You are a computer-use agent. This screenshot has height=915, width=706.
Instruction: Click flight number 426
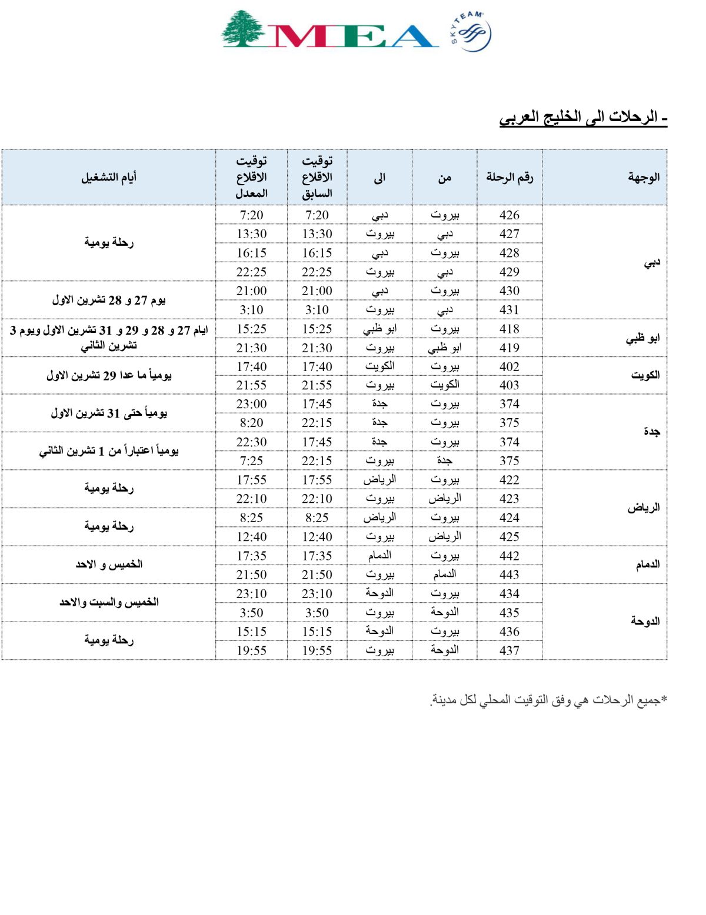[x=509, y=215]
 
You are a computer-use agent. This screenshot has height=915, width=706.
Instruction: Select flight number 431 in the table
[x=509, y=310]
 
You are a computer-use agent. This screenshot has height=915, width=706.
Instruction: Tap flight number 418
[x=509, y=329]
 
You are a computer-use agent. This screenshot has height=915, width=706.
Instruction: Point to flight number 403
[x=509, y=385]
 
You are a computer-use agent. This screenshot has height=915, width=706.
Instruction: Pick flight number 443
[x=509, y=575]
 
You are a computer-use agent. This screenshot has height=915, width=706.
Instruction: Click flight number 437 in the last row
[x=509, y=650]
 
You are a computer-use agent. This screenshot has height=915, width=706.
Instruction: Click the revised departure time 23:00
[x=251, y=404]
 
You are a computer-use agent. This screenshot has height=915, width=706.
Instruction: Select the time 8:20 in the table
[x=251, y=423]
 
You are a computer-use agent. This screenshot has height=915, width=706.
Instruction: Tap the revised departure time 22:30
[x=251, y=442]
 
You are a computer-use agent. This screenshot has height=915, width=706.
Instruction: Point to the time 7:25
[x=251, y=461]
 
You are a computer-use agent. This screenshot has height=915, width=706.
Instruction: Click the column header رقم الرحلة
[x=509, y=177]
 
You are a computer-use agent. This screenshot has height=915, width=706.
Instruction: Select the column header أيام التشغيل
[x=109, y=177]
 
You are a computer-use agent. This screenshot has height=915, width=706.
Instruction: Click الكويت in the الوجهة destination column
[x=645, y=375]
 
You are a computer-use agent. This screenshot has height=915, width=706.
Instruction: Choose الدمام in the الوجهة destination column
[x=647, y=565]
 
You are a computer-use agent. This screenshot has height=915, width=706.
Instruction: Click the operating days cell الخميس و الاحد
[x=109, y=565]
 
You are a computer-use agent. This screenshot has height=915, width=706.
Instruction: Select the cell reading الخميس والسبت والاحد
[x=109, y=602]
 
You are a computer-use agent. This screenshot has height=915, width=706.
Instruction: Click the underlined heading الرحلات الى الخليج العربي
[x=583, y=117]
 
